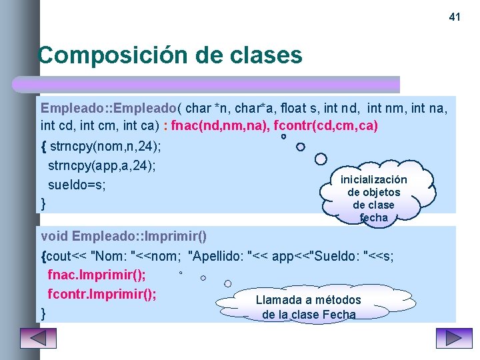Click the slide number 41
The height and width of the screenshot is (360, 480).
(455, 17)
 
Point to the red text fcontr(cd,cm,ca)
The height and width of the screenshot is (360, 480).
(326, 126)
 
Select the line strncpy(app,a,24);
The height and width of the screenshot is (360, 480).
(101, 165)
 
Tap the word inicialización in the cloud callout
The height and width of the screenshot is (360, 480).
(373, 180)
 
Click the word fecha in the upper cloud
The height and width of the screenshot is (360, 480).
(373, 217)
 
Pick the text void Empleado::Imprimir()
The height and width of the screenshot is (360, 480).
(124, 236)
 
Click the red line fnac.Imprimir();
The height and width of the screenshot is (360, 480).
(97, 275)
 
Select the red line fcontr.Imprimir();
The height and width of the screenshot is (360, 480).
(102, 293)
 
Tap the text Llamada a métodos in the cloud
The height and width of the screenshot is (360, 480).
(308, 300)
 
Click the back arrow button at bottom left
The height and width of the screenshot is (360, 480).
(38, 338)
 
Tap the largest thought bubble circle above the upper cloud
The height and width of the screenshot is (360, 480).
(321, 159)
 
